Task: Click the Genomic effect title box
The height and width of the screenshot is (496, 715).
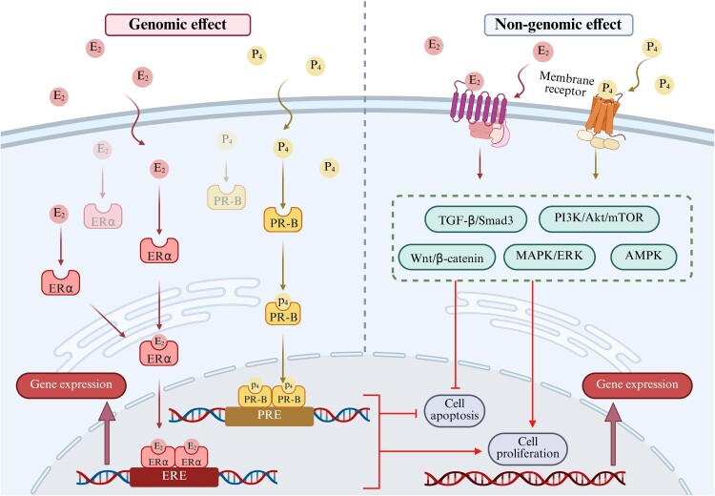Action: tap(178, 25)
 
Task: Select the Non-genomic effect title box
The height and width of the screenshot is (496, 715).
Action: tap(558, 25)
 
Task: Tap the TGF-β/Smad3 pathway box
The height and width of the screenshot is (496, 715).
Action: tap(476, 220)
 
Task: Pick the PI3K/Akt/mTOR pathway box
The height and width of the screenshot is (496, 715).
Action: tap(600, 218)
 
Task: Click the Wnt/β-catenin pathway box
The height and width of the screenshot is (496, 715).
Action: tap(447, 258)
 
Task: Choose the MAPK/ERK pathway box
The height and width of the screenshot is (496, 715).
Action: tap(549, 256)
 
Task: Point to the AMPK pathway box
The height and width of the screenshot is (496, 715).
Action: tap(643, 256)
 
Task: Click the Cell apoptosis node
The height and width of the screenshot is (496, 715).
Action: tap(455, 410)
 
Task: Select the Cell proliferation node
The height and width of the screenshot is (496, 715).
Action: tap(527, 448)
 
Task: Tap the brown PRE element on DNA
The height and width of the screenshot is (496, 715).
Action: tap(270, 416)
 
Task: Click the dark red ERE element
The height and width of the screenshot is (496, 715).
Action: tap(174, 477)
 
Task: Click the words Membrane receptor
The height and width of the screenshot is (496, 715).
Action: tap(567, 85)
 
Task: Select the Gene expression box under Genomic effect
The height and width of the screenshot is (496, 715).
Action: tap(71, 385)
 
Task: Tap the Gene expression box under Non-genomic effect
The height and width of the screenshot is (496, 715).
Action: tap(638, 385)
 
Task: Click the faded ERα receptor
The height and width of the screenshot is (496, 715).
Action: tap(103, 217)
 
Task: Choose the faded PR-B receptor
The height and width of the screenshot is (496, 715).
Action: tap(227, 197)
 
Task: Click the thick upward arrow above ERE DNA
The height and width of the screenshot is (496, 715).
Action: tap(107, 434)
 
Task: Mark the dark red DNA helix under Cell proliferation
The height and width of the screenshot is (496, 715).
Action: tap(525, 479)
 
